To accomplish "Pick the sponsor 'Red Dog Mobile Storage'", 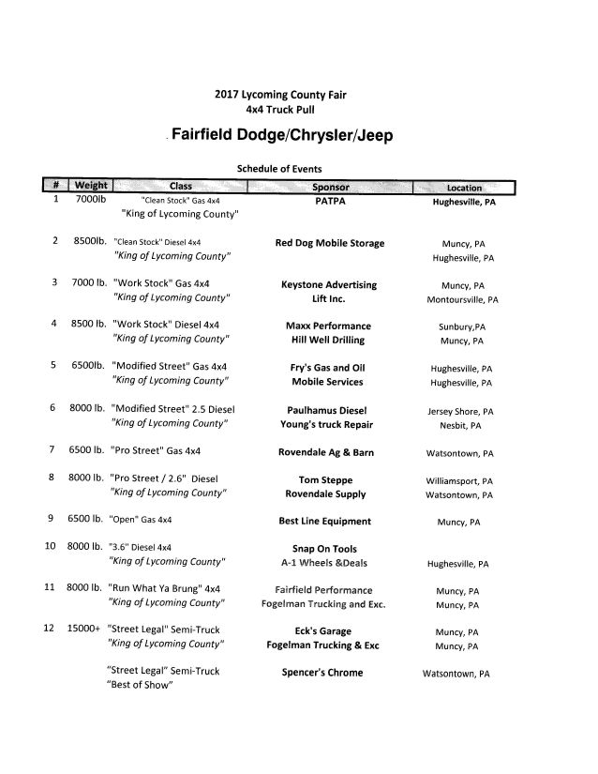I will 329,243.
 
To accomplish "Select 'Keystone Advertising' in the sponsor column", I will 329,284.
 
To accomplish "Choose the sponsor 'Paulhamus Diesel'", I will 329,409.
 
